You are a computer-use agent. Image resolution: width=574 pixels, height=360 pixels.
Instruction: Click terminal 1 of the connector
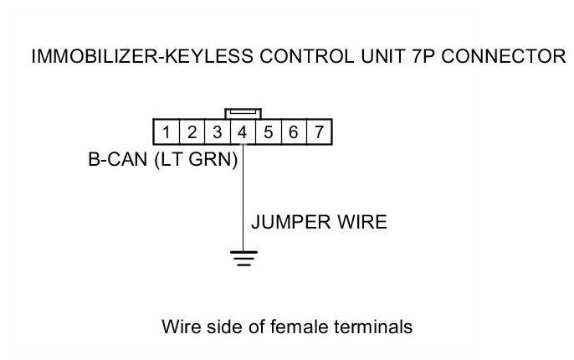(167, 131)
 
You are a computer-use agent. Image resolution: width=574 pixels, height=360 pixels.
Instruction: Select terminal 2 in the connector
(192, 131)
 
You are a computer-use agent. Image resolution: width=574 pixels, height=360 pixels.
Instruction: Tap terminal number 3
(217, 131)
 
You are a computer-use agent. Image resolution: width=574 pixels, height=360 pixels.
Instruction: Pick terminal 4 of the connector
(242, 131)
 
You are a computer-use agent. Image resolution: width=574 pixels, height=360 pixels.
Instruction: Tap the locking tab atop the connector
(243, 112)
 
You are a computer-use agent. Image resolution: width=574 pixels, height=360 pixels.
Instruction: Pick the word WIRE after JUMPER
(359, 223)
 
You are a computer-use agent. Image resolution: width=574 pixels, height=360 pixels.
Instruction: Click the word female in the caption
(298, 327)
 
